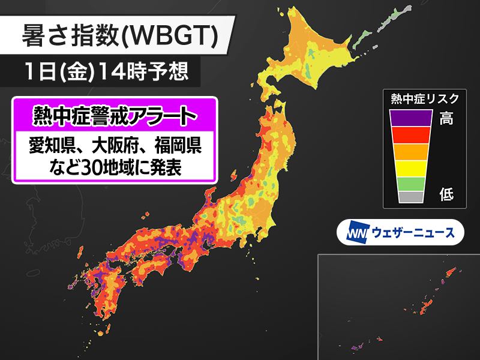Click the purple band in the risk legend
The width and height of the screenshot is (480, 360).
[410, 118]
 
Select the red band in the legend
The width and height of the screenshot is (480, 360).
[410, 135]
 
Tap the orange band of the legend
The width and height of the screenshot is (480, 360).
[410, 152]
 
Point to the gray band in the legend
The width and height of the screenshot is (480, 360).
[410, 196]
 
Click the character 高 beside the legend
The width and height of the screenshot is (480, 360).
[446, 118]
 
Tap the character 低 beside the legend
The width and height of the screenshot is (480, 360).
[446, 194]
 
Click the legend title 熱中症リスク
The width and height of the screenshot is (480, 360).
[424, 98]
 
